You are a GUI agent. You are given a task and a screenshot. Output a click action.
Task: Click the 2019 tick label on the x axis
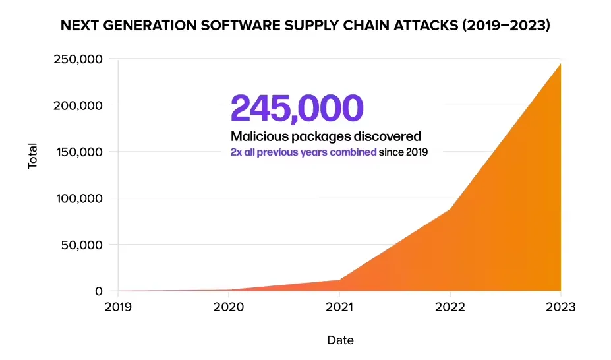(117, 307)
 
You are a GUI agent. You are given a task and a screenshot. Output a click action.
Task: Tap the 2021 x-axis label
(339, 307)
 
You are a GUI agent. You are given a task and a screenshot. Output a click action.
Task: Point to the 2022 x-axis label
(450, 307)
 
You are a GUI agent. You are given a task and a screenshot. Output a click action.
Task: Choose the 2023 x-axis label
(560, 307)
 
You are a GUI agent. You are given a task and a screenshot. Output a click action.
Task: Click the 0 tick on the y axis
(99, 291)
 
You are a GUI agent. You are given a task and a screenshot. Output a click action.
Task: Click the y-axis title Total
(32, 156)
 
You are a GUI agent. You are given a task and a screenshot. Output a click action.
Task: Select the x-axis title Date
(340, 340)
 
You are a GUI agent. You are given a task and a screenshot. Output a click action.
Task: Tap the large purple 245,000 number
(297, 108)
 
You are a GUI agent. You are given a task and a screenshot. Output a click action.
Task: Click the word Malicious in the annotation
(258, 136)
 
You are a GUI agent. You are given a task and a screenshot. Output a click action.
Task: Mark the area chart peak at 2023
(560, 63)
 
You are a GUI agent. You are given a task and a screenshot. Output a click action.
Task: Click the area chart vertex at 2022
(450, 210)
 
